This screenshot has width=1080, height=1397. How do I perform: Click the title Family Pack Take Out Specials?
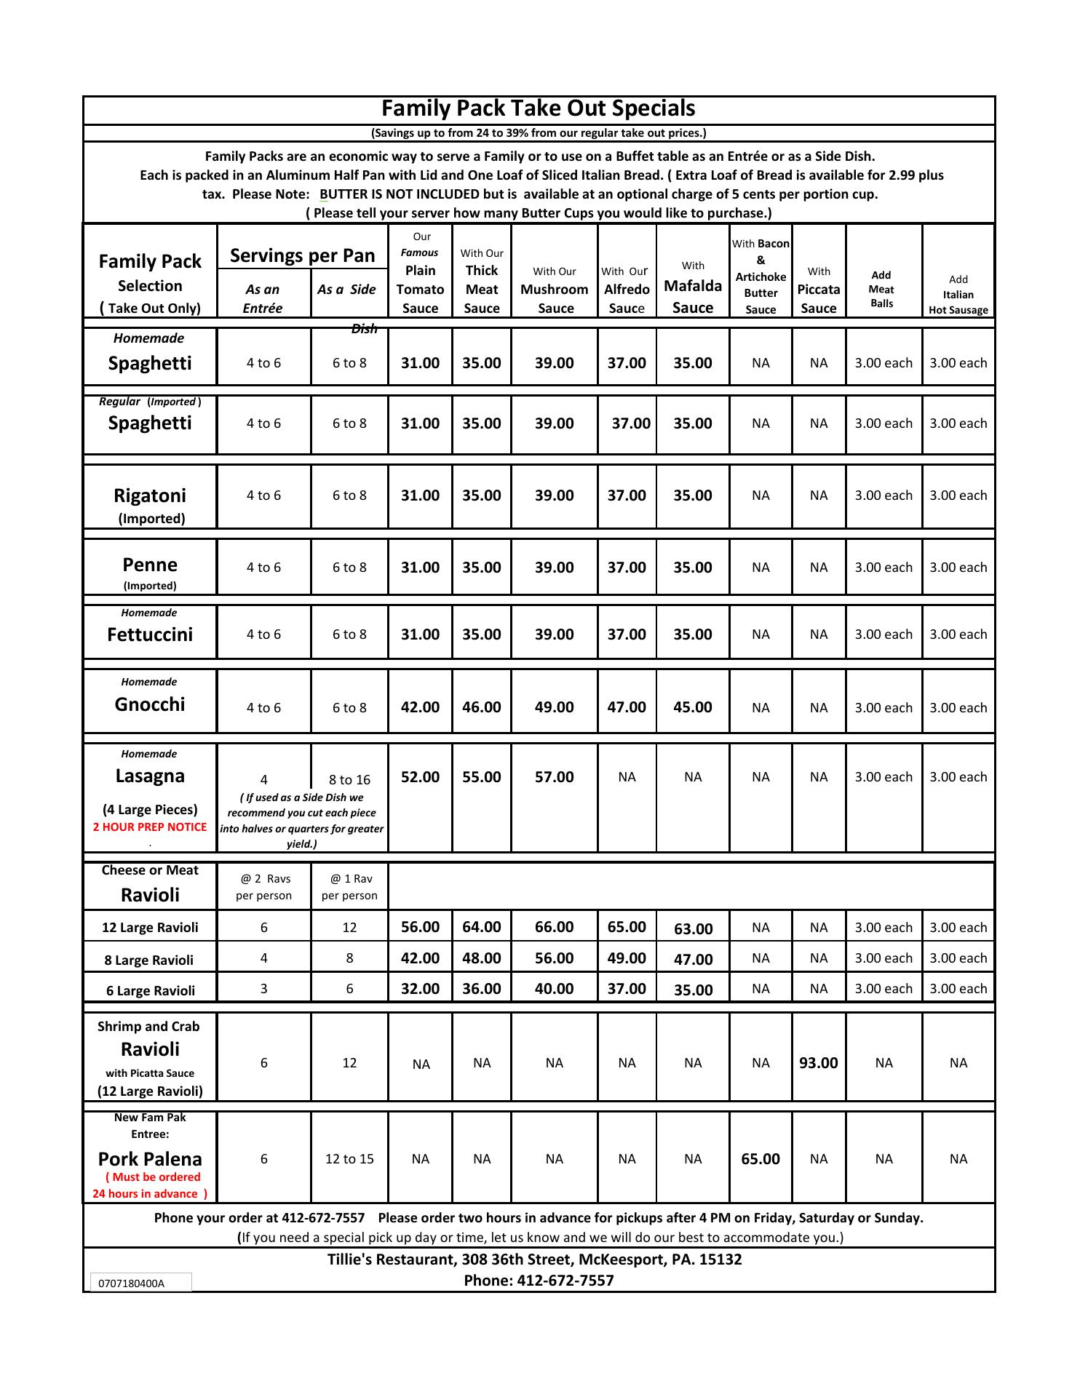pyautogui.click(x=539, y=108)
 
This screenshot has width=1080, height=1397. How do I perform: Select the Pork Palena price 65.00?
pyautogui.click(x=761, y=1159)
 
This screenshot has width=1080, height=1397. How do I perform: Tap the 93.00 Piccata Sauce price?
pyautogui.click(x=818, y=1063)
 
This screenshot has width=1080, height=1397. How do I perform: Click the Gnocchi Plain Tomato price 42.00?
pyautogui.click(x=420, y=707)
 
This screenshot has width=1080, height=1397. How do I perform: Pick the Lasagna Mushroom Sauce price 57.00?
pyautogui.click(x=554, y=777)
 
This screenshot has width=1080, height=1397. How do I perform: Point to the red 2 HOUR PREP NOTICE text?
pyautogui.click(x=150, y=827)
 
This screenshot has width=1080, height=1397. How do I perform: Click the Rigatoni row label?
pyautogui.click(x=150, y=496)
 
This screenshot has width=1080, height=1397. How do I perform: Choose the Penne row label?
pyautogui.click(x=150, y=565)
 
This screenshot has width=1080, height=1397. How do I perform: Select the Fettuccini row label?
pyautogui.click(x=150, y=634)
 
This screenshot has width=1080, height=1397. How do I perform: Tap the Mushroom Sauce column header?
pyautogui.click(x=554, y=290)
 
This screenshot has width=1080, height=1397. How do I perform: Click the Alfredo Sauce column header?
pyautogui.click(x=627, y=290)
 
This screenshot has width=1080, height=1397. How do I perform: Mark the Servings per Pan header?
pyautogui.click(x=302, y=255)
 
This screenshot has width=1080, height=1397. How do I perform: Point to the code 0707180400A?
pyautogui.click(x=131, y=1283)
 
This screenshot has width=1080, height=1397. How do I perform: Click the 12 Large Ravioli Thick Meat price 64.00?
pyautogui.click(x=481, y=927)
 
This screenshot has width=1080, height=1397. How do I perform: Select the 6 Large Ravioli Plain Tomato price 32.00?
pyautogui.click(x=420, y=989)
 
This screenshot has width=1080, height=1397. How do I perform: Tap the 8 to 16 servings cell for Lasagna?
pyautogui.click(x=349, y=780)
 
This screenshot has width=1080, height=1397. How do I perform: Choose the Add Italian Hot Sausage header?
pyautogui.click(x=958, y=295)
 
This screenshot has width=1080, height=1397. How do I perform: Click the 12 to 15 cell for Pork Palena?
pyautogui.click(x=349, y=1159)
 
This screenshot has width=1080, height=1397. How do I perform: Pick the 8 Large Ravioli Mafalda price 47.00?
pyautogui.click(x=693, y=960)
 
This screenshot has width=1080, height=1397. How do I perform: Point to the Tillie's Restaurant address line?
pyautogui.click(x=534, y=1259)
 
